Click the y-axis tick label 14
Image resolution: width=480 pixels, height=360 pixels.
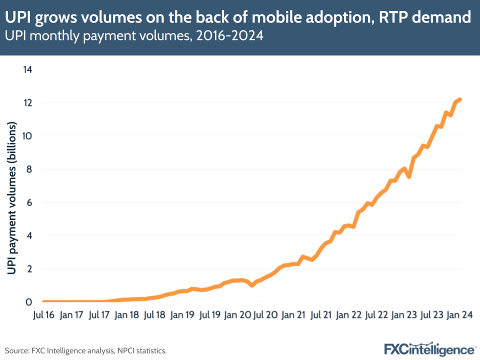[x=27, y=69]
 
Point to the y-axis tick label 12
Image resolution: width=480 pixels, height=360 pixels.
[x=27, y=102]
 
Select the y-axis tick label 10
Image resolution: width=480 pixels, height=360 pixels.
[x=27, y=136]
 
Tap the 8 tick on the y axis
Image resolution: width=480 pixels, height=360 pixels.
[x=29, y=169]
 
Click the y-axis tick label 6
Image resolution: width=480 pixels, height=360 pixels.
[x=29, y=202]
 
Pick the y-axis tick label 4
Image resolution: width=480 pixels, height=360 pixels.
[x=29, y=235]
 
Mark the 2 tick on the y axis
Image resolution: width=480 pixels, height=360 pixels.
[x=29, y=269]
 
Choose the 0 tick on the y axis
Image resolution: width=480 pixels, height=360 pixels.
[x=29, y=302]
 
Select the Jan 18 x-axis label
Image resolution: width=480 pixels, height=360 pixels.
[x=126, y=315]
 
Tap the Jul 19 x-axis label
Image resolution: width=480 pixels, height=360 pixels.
[x=210, y=315]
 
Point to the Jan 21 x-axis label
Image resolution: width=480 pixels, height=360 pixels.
[x=293, y=315]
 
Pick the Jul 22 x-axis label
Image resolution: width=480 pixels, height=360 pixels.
[x=376, y=315]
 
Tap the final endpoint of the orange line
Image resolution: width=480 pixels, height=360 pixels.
[x=460, y=99]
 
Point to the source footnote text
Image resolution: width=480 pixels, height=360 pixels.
[x=85, y=350]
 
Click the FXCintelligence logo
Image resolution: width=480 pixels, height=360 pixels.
[x=429, y=348]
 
